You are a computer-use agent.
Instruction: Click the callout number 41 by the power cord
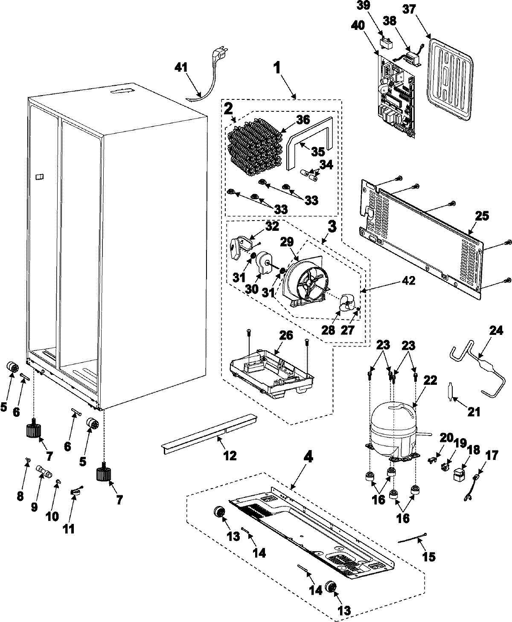point(183,67)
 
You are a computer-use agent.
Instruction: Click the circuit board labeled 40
point(396,97)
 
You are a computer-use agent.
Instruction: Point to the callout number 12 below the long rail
point(230,456)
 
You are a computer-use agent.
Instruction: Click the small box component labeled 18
point(459,473)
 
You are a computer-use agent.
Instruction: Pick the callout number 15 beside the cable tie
point(429,556)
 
